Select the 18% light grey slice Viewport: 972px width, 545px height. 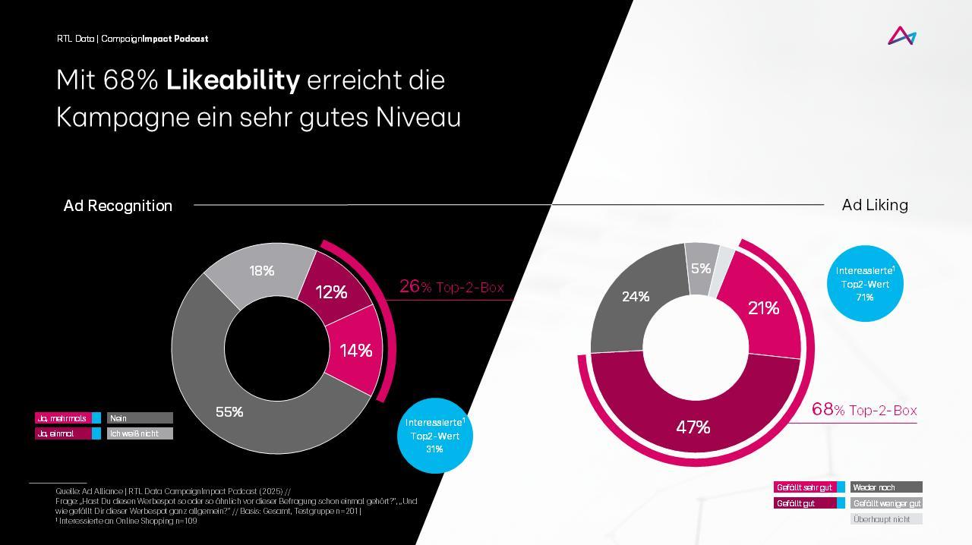coord(261,271)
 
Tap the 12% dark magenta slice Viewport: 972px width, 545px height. coord(331,291)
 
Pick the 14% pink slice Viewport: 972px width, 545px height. coord(355,350)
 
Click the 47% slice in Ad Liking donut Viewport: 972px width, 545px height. coord(693,427)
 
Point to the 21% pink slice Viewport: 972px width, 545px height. coord(763,307)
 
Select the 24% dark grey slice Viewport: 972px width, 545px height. coord(635,297)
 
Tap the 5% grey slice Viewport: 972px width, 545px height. coord(700,268)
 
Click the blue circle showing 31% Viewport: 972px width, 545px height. coord(434,436)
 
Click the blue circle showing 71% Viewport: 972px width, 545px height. coord(865,283)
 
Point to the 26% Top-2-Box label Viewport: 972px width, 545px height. coord(451,287)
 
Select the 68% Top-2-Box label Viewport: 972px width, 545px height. coord(864,411)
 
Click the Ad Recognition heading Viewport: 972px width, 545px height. coord(118,206)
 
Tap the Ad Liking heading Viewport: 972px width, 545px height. coord(875,205)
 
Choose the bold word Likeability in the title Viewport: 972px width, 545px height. coord(233,80)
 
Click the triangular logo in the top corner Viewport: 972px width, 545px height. coord(902,36)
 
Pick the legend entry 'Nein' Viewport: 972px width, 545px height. coord(140,418)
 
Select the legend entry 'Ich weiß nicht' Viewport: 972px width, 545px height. coord(140,433)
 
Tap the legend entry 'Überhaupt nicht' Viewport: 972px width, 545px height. coord(885,519)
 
